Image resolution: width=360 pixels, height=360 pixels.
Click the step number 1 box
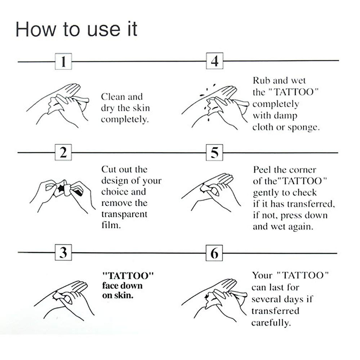(63, 61)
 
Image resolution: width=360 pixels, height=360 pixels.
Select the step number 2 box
(63, 152)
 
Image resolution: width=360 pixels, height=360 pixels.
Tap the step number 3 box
(63, 253)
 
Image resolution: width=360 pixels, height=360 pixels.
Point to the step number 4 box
(214, 61)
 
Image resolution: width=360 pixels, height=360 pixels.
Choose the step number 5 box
(214, 152)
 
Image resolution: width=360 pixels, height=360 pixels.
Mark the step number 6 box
(214, 253)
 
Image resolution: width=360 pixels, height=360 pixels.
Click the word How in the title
(36, 29)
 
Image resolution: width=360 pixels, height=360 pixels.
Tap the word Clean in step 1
(112, 97)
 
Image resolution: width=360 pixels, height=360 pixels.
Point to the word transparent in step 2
(124, 214)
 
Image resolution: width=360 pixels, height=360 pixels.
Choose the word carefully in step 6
(271, 323)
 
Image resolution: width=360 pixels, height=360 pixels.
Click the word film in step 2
(111, 225)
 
